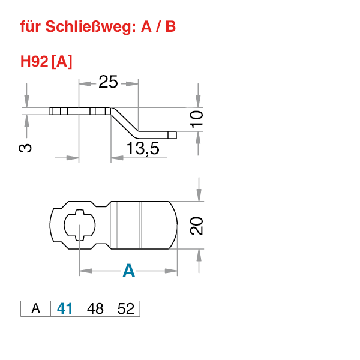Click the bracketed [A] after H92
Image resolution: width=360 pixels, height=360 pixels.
click(x=62, y=61)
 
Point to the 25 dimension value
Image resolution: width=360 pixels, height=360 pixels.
click(x=108, y=82)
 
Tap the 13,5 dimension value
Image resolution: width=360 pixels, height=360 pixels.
click(x=142, y=149)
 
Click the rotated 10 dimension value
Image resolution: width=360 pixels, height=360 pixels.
click(x=196, y=119)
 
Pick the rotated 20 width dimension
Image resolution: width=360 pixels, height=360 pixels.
click(x=196, y=226)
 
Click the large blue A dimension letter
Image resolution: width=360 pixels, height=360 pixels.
click(x=128, y=272)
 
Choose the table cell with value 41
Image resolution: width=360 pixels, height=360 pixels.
click(x=65, y=309)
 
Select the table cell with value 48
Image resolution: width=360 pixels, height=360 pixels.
click(x=95, y=309)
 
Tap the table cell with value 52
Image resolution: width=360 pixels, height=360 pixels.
click(x=125, y=309)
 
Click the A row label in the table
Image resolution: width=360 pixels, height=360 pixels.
click(x=35, y=309)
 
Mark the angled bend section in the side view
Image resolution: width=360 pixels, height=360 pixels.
click(x=124, y=120)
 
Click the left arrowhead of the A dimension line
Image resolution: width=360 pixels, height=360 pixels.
click(x=84, y=272)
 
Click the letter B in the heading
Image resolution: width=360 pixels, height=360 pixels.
click(x=171, y=27)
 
